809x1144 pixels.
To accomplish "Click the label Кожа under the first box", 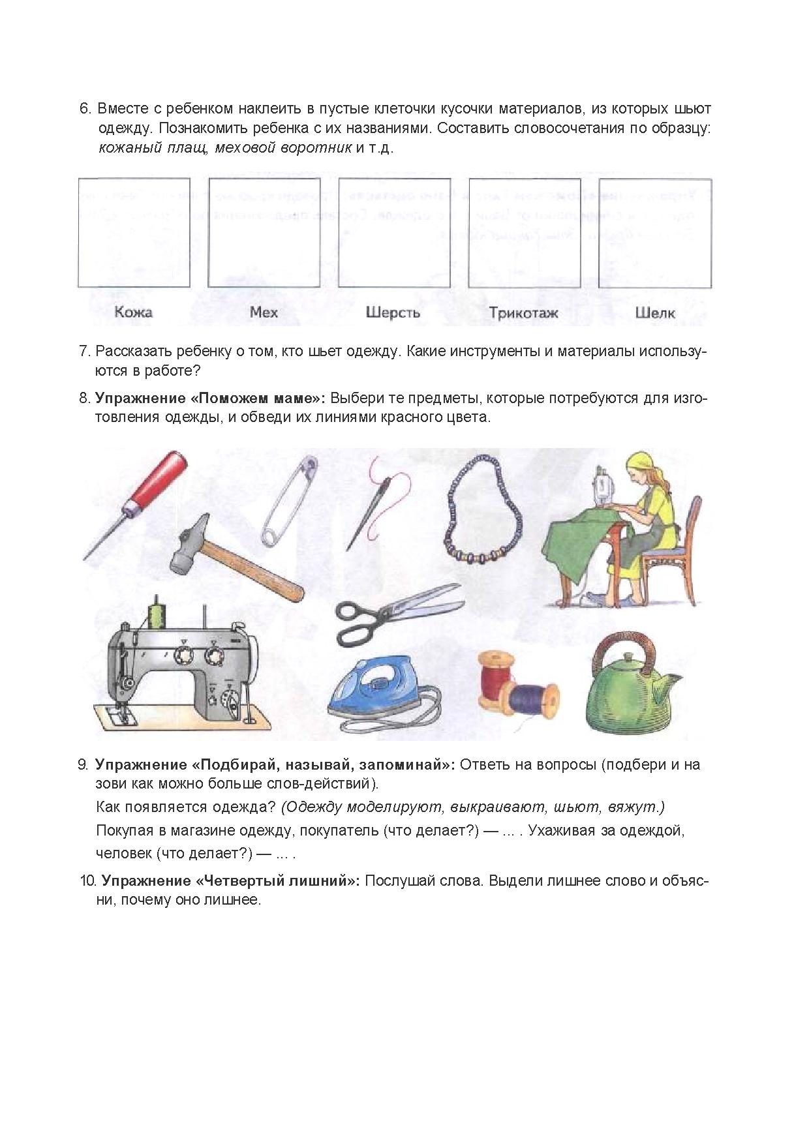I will point(133,312).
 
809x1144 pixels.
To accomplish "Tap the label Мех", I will point(264,312).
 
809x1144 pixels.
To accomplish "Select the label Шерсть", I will point(393,312).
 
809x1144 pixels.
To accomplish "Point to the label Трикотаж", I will point(524,312).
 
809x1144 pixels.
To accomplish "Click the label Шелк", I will point(655,312).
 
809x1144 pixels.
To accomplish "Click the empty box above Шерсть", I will point(394,232).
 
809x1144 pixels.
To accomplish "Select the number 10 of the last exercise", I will point(88,881).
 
